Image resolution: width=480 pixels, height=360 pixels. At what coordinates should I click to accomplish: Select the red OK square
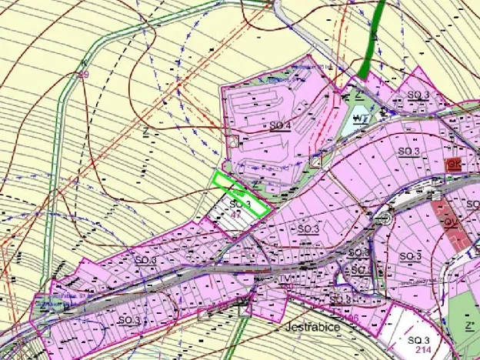point(453,165)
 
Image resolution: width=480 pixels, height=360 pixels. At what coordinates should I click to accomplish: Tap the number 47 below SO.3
point(235,216)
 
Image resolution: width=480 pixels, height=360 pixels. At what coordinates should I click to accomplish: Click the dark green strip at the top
point(372,38)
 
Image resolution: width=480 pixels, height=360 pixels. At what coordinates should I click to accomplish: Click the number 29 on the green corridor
point(84,75)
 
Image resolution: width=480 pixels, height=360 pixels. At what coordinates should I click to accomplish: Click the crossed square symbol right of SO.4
point(315,161)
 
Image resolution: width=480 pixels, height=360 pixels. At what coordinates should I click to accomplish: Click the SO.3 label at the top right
point(418,95)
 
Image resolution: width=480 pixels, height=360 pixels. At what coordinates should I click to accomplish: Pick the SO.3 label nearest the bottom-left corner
point(129,318)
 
